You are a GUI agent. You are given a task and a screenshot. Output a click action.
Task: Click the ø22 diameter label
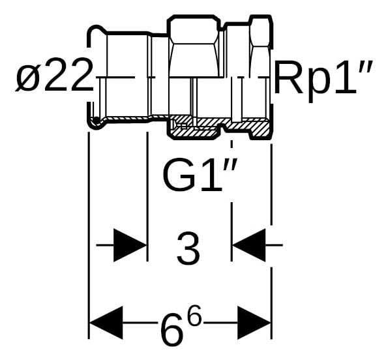tap(54, 75)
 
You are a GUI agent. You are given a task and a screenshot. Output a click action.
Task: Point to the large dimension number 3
tap(188, 248)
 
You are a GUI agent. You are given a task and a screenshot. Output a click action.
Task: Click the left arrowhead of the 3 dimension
tap(130, 245)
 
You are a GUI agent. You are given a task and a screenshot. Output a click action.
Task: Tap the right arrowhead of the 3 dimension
tap(248, 245)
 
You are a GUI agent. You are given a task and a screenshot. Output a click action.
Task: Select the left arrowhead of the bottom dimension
tap(106, 323)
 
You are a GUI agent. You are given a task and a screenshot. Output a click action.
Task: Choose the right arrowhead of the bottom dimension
tap(254, 323)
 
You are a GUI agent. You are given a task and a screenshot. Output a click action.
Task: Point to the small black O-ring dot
tap(95, 120)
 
